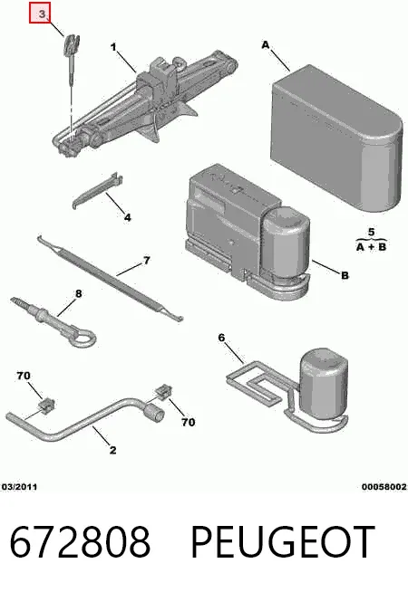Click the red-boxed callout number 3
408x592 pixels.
coord(40,13)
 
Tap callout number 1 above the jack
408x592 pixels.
coord(113,47)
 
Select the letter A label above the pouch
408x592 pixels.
coord(266,45)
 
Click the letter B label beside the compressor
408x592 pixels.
coord(345,275)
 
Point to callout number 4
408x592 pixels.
coord(128,217)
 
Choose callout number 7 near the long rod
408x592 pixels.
coord(146,260)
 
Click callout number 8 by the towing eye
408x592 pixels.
coord(78,293)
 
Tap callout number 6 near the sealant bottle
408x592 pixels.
coord(221,337)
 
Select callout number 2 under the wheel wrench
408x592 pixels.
coord(112,450)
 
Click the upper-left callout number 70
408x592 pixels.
coord(24,376)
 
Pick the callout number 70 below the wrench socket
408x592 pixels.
coord(188,422)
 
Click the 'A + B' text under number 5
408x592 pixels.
coord(372,247)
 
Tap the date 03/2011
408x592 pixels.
coord(20,487)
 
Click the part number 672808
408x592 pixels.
coord(80,541)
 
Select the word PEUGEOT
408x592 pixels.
coord(283,541)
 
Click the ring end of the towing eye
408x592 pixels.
coord(84,337)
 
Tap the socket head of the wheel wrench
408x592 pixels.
coord(155,412)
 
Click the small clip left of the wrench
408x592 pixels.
coord(47,406)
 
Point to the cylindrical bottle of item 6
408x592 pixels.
coord(324,383)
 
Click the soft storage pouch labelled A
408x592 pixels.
coord(336,138)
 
